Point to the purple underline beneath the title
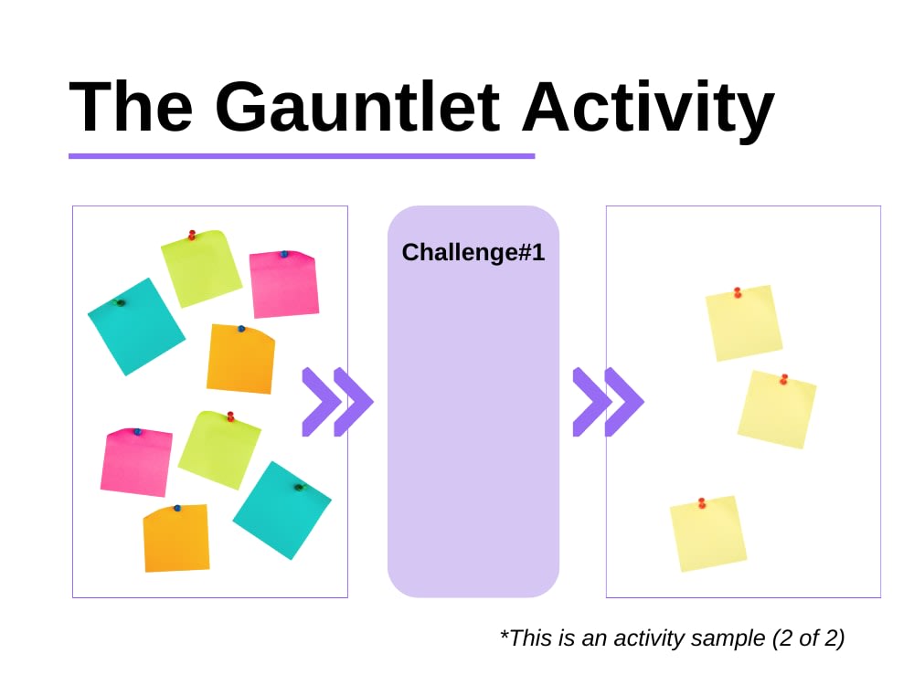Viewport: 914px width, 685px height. coord(302,156)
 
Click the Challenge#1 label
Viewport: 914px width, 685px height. coord(473,253)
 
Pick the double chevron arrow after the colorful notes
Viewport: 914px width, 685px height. coord(336,402)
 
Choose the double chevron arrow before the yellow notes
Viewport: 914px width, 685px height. coord(607,402)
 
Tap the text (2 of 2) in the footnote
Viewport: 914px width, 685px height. coord(808,638)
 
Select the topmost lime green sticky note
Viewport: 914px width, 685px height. coord(201,269)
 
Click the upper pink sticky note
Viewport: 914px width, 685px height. coord(284,284)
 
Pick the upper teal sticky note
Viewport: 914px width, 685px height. coord(136,327)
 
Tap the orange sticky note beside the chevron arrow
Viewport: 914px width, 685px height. coord(240,360)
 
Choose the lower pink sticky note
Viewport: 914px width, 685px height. coord(136,462)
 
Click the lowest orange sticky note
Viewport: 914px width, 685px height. coord(176,539)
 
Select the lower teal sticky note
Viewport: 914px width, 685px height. coord(282,511)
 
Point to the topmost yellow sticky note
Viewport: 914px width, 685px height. coord(744,323)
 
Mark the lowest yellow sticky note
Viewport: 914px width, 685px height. coord(708,533)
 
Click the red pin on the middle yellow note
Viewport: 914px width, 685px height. coord(783,379)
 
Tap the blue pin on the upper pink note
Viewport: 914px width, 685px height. coord(284,254)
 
